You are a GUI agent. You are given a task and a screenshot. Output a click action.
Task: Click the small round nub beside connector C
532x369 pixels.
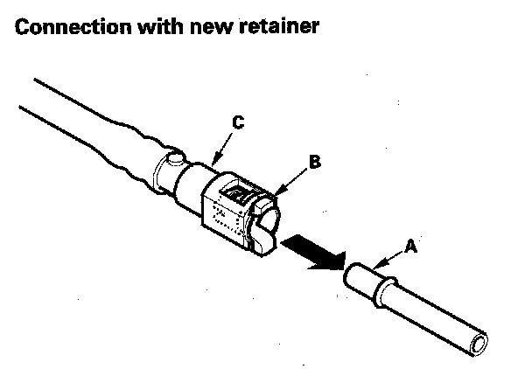pos(171,160)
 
